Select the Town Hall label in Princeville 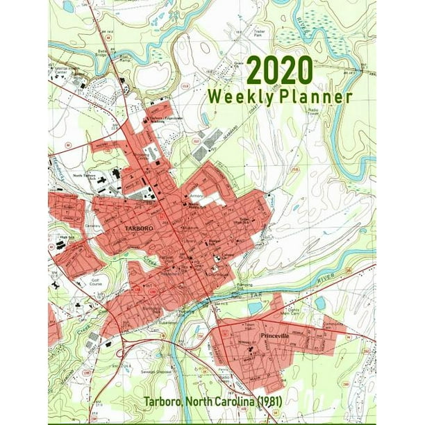click(x=248, y=326)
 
